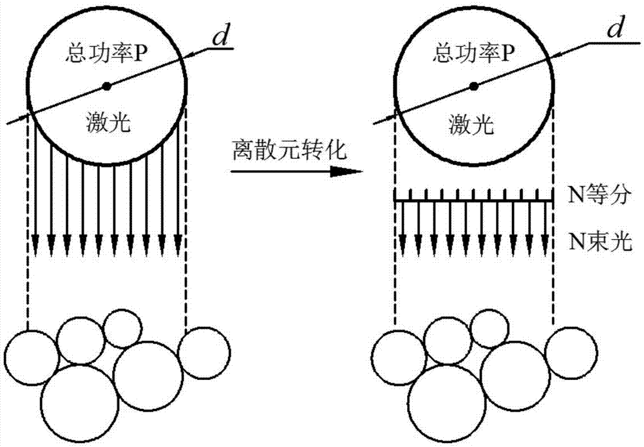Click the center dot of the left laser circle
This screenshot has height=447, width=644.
107,85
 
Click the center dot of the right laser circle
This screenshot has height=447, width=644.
474,85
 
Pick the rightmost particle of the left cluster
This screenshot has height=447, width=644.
204,353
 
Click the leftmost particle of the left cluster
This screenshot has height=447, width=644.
31,357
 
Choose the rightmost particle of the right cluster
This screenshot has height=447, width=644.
571,353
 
